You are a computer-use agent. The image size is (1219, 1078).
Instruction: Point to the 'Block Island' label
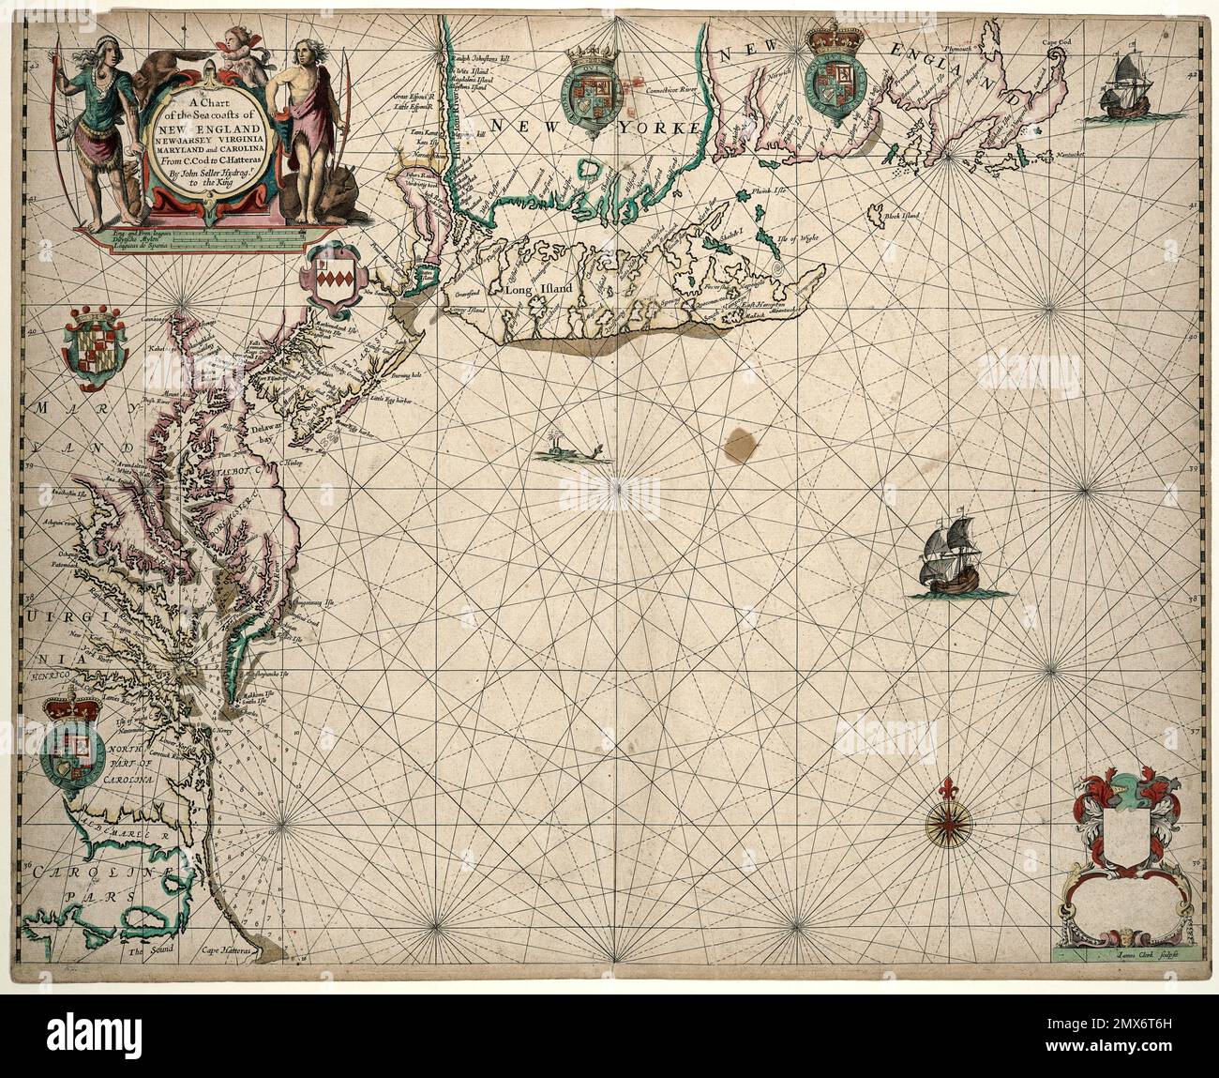(x=903, y=216)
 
